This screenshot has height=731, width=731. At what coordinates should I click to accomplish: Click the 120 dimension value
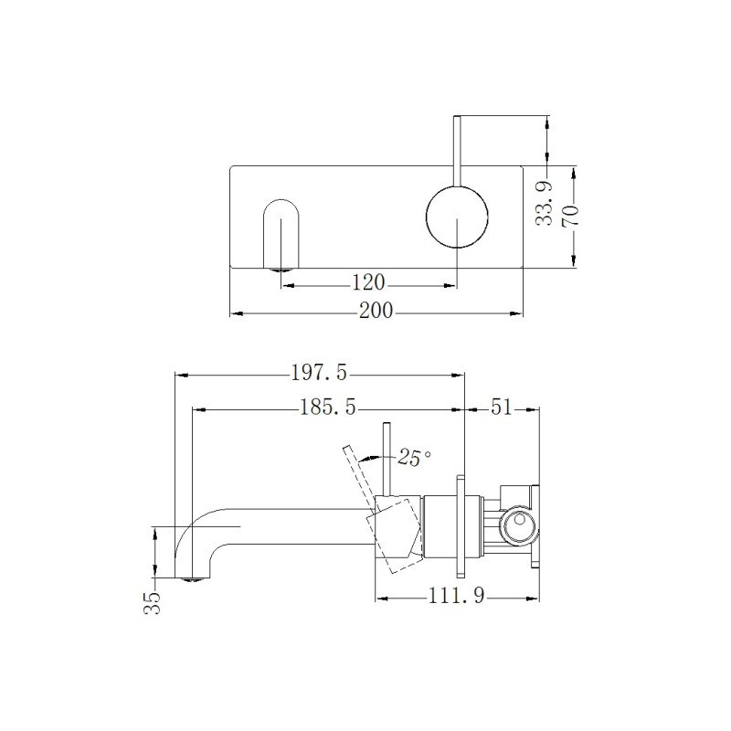pos(368,282)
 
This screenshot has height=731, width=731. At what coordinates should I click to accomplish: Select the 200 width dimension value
pos(376,311)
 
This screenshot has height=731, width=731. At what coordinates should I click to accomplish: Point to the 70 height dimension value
pos(570,216)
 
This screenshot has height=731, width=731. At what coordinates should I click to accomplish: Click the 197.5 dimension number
pos(319,373)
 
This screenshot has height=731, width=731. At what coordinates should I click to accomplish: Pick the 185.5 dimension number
pos(328,408)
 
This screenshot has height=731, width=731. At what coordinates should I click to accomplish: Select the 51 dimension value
pos(501,408)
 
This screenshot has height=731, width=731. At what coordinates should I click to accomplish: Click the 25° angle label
pos(414,458)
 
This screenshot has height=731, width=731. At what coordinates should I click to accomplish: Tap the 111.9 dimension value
pos(456,596)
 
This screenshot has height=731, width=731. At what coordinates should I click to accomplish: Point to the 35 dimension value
pos(152,603)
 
